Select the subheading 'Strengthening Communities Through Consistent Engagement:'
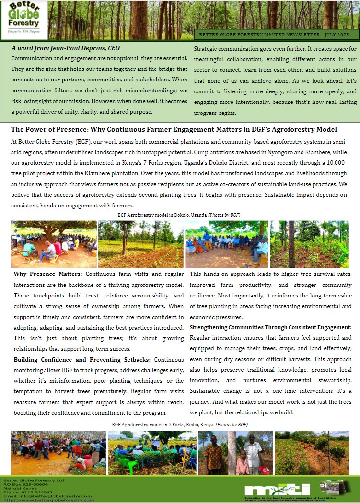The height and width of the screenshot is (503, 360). pyautogui.click(x=270, y=327)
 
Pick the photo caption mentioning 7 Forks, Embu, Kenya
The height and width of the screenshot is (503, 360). pyautogui.click(x=180, y=424)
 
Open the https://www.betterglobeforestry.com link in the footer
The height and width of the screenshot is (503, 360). pyautogui.click(x=48, y=500)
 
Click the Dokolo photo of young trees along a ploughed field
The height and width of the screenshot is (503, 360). pyautogui.click(x=140, y=244)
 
